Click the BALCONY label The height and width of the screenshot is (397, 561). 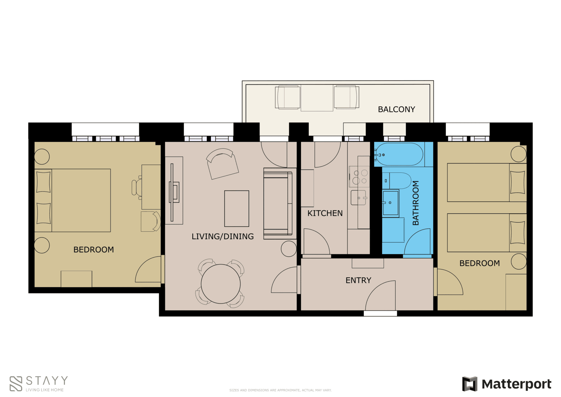tap(396, 109)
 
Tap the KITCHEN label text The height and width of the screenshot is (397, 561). tap(325, 213)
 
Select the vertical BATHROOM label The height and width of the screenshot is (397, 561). tap(415, 203)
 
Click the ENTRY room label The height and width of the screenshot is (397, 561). tap(358, 280)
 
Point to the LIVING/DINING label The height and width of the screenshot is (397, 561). tap(223, 236)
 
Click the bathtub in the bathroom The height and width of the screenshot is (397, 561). tap(399, 154)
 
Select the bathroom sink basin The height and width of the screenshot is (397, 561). tap(391, 203)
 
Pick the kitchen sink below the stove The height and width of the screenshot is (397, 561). tap(358, 198)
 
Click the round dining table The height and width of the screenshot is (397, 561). tap(221, 284)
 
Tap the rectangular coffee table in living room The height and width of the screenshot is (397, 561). tap(237, 208)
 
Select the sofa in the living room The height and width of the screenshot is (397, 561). tap(277, 204)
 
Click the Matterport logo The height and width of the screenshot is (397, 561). tap(506, 384)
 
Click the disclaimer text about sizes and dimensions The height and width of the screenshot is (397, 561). tap(280, 390)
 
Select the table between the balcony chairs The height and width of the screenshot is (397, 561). tap(317, 98)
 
